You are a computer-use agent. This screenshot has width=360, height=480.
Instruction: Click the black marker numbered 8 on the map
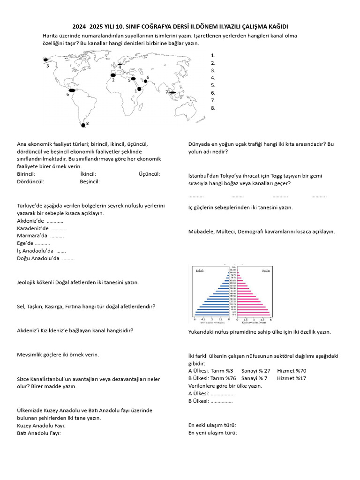tap(83, 125)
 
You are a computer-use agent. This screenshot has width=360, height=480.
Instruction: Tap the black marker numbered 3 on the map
tap(45, 60)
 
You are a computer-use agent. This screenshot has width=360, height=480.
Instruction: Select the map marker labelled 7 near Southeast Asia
tap(172, 93)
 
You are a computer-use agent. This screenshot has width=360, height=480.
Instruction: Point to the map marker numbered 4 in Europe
tap(120, 65)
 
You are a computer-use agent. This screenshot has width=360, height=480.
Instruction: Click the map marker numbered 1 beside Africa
tap(139, 89)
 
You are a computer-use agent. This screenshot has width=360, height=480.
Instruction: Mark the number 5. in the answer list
tap(213, 85)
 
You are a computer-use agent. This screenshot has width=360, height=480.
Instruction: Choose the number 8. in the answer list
tap(213, 108)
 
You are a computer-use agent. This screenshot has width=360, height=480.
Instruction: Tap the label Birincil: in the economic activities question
tap(26, 174)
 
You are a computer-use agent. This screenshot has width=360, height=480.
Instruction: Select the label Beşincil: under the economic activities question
tap(90, 181)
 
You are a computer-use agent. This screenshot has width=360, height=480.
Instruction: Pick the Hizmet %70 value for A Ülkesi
tap(292, 371)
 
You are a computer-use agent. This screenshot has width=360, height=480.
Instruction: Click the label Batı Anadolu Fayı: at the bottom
tap(39, 433)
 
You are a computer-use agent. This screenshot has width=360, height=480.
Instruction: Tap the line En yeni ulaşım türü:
tap(213, 433)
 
